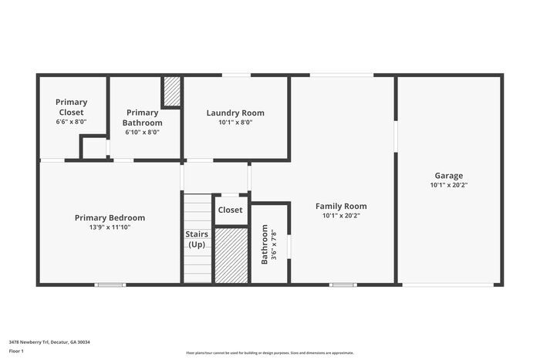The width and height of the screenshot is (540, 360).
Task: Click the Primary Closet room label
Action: click(71, 106)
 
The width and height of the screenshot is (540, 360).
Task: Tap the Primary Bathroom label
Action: click(143, 117)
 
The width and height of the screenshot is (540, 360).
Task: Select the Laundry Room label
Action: click(235, 113)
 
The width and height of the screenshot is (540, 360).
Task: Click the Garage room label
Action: click(448, 175)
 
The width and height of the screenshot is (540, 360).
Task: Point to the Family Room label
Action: click(340, 206)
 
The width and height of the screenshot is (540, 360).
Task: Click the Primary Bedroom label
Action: click(110, 217)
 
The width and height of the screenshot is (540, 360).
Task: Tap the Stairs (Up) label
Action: click(196, 239)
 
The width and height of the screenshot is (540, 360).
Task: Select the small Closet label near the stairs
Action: click(230, 210)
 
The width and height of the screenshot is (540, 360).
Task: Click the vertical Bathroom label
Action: click(265, 244)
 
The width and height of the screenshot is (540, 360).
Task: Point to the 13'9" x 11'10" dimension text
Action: click(110, 227)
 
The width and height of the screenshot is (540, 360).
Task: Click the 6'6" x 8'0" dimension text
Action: click(71, 122)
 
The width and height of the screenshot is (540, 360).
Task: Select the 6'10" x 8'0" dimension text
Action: click(143, 132)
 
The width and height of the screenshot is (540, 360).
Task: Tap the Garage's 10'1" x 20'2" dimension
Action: click(448, 185)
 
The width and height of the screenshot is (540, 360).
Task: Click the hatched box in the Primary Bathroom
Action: click(171, 93)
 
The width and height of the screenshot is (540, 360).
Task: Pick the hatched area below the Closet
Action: click(230, 254)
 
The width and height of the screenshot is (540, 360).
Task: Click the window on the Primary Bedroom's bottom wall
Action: click(110, 284)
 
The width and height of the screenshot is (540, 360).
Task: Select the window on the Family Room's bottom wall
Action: click(343, 284)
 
